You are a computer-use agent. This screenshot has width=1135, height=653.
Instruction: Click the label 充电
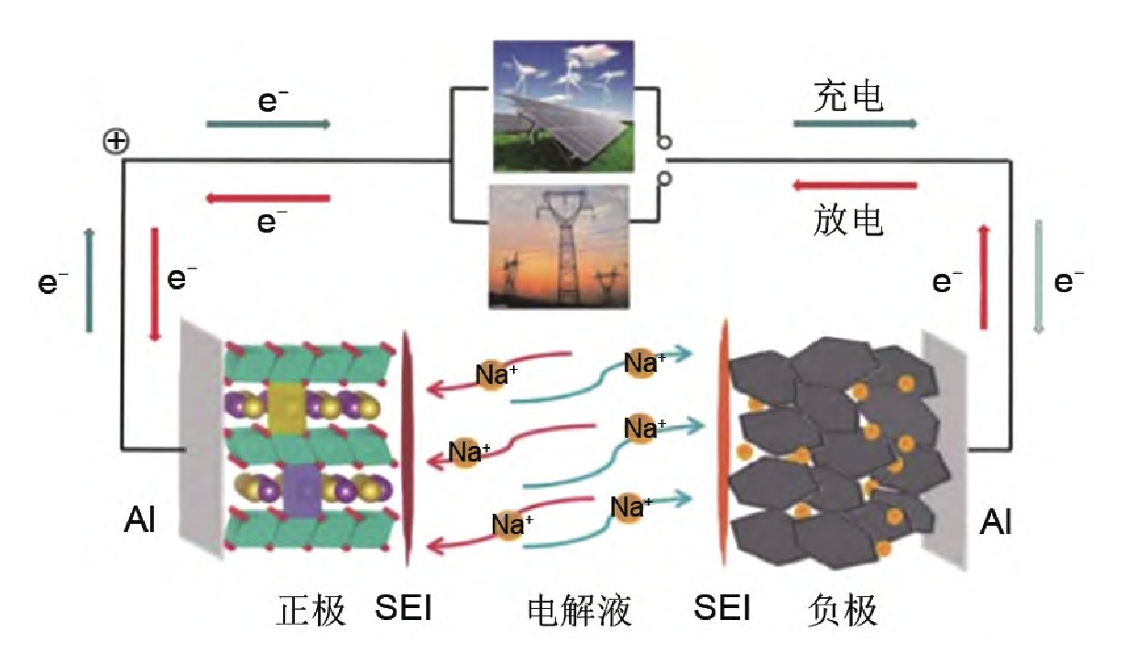point(849,95)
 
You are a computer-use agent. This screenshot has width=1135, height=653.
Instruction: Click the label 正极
point(311,609)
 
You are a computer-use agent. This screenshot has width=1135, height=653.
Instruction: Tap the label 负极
point(844,609)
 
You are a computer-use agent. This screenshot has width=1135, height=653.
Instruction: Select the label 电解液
point(580,609)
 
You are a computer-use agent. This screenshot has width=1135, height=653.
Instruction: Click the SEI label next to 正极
point(403,607)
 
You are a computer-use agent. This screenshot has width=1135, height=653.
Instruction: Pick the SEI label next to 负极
point(723,607)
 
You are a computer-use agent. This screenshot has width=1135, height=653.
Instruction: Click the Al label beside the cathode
point(139,522)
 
